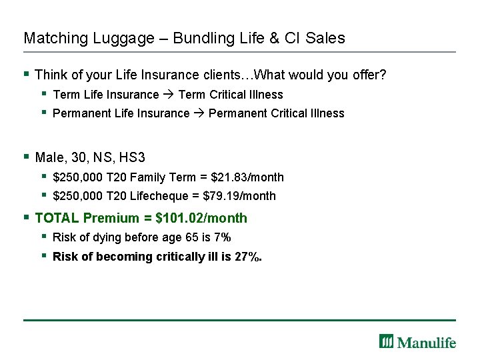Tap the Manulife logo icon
pyautogui.click(x=387, y=341)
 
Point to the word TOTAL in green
pyautogui.click(x=57, y=218)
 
